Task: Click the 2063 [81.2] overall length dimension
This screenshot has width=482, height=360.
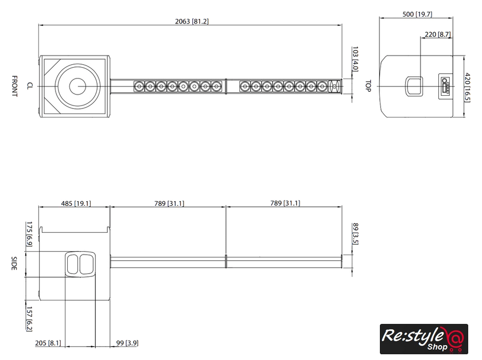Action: tap(192, 21)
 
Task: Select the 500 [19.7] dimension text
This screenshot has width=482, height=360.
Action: tap(417, 14)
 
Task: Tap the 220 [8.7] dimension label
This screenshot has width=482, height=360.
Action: tap(438, 34)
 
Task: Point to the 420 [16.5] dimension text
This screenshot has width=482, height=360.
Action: tap(467, 88)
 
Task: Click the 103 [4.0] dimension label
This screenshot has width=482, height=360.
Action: tap(355, 59)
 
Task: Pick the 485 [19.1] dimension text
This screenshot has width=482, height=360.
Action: tap(76, 204)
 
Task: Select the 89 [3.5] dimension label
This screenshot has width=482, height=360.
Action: tap(355, 234)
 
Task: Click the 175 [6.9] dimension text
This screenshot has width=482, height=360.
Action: tap(29, 234)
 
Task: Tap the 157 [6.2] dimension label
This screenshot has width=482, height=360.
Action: tap(29, 319)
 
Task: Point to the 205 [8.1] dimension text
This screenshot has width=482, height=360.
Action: tap(48, 343)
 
